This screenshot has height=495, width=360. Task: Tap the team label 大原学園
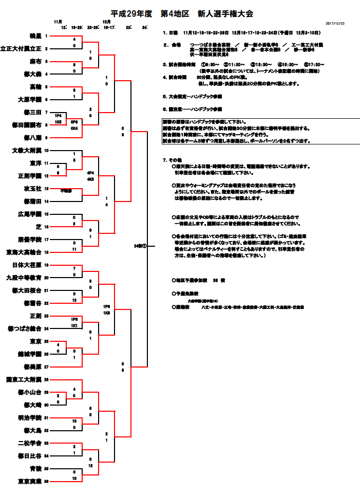29,100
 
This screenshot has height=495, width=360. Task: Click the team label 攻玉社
32,189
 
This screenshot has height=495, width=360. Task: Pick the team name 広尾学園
29,214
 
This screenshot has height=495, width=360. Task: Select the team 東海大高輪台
23,252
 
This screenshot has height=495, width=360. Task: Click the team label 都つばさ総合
24,328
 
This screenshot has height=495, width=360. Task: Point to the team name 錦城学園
29,354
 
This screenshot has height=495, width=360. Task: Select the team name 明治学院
29,417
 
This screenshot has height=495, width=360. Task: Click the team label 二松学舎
29,443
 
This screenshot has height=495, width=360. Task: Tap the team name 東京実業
29,481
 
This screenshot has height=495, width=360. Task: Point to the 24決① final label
140,246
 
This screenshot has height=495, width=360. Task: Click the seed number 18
46,252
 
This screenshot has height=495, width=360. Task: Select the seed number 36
46,481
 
